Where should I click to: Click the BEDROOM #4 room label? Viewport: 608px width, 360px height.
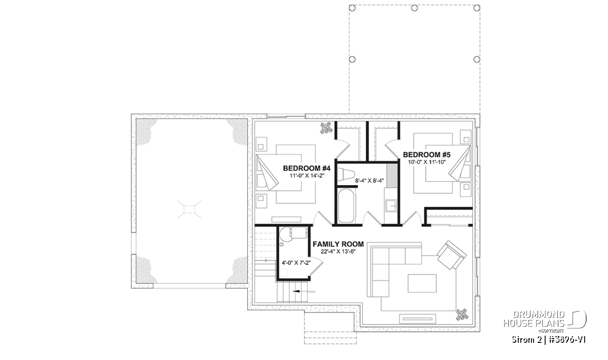coord(307,168)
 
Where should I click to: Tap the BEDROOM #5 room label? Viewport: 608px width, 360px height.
coord(427,154)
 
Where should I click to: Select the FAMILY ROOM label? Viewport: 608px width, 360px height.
coord(338,244)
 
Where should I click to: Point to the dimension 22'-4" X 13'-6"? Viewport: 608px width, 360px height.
coord(338,252)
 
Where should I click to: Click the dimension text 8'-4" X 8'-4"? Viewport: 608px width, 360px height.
coord(369,181)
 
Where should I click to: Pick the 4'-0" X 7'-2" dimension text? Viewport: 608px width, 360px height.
coord(296,263)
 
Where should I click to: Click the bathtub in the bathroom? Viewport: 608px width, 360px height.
coord(347,206)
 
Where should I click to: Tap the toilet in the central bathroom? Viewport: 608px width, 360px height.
coord(347,175)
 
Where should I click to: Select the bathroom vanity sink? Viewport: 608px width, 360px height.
coord(391,206)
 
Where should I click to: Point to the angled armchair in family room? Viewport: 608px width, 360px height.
coord(451,255)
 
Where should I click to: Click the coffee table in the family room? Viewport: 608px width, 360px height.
coord(422,283)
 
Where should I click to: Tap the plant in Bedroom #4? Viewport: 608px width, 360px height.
coord(326,128)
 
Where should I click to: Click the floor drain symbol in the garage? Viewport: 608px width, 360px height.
coord(189,210)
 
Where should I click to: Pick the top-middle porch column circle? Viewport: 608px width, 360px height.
coord(414,8)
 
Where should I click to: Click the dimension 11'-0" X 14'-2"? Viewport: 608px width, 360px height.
coord(307,176)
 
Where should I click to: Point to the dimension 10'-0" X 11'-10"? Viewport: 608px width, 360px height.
coord(427,162)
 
